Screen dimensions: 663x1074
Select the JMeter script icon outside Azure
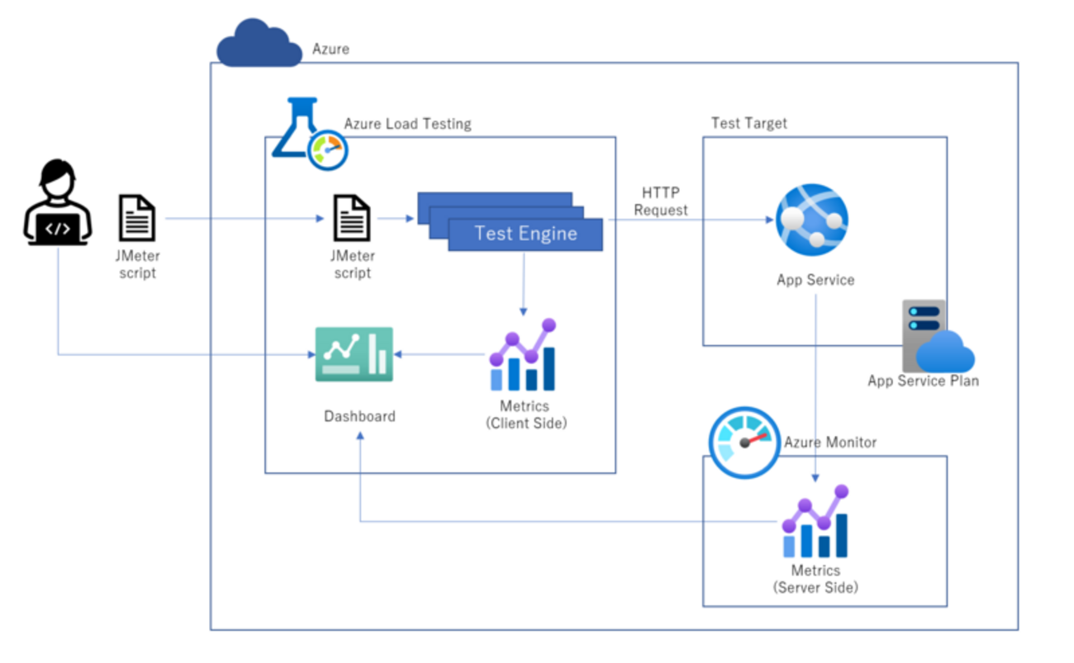pos(137,218)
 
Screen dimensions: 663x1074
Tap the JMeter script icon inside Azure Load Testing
pos(352,218)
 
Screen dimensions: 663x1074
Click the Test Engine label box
pos(525,234)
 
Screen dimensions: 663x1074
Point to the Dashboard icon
pos(354,354)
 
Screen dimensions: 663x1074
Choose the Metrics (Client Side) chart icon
pos(523,356)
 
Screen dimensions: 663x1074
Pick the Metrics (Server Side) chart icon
pos(815,523)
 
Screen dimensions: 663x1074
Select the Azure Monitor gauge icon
pos(744,440)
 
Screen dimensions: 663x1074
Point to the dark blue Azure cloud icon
pos(259,46)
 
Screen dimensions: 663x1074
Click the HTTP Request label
pos(660,201)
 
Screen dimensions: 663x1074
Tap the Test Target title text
pos(749,123)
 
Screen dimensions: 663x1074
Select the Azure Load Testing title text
pos(407,124)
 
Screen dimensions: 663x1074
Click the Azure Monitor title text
pos(829,443)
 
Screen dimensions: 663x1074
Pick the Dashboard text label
pos(359,416)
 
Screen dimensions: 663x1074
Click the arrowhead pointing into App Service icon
pos(768,220)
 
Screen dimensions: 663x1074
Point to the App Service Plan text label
pos(923,381)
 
